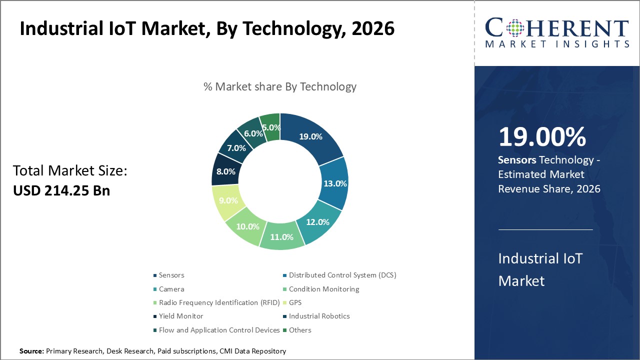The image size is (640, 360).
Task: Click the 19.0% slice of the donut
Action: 310,136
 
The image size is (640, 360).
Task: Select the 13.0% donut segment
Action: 334,183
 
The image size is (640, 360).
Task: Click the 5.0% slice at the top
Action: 270,127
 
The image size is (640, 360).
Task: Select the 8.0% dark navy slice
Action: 225,171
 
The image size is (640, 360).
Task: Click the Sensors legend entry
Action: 171,275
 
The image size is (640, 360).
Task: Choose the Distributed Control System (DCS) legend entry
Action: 342,275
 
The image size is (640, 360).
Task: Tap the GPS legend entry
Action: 295,302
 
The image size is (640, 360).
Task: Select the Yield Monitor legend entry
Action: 180,316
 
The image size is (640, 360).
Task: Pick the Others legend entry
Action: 299,330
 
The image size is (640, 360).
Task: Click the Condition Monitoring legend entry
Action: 323,289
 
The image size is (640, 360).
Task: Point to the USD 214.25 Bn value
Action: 61,190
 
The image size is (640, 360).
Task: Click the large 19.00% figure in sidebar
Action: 542,137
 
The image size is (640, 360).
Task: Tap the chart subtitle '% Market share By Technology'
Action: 280,86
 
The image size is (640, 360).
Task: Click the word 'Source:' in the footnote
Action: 32,351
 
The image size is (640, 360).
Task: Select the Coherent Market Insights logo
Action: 557,33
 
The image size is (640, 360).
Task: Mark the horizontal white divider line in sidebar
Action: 545,229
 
